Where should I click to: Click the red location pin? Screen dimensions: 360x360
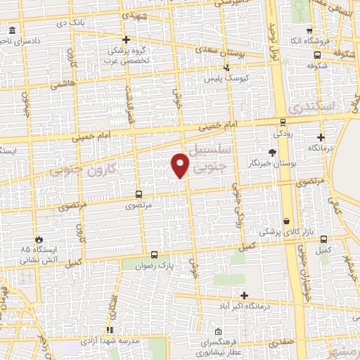pyautogui.click(x=180, y=165)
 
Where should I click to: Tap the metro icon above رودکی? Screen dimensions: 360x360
pyautogui.click(x=283, y=121)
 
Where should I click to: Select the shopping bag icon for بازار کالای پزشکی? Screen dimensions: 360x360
pyautogui.click(x=286, y=221)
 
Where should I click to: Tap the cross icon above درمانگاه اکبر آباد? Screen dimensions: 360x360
pyautogui.click(x=244, y=295)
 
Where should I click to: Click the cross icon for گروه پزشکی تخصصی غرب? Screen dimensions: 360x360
pyautogui.click(x=126, y=39)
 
